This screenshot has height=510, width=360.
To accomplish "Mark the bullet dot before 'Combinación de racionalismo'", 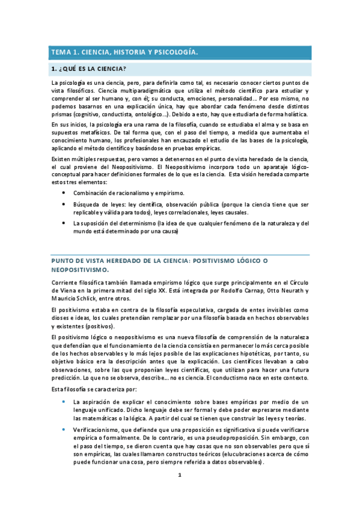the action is click(64, 193).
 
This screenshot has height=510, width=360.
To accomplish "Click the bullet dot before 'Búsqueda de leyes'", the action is click(64, 204).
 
